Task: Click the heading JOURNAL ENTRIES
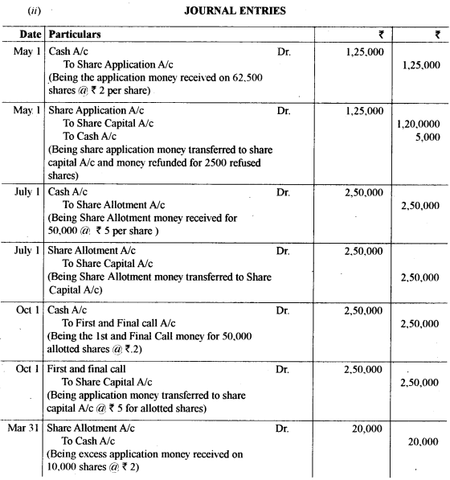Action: (x=225, y=11)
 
